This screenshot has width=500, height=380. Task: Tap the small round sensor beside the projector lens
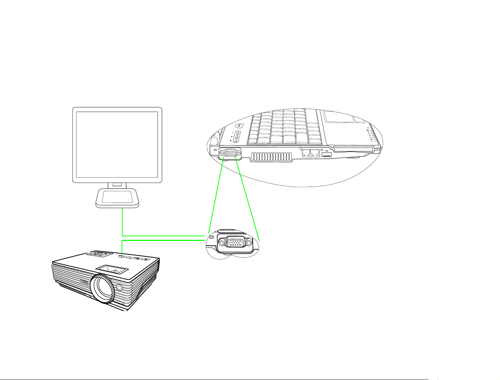(119, 287)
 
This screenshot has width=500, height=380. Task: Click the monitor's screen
(117, 145)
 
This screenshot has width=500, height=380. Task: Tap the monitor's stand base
(117, 198)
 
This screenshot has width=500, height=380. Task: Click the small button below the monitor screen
(117, 184)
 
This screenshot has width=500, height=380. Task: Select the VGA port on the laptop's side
(230, 154)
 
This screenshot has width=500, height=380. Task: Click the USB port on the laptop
(327, 155)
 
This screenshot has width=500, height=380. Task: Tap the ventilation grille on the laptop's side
(271, 157)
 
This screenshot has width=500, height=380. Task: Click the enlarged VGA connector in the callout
(235, 243)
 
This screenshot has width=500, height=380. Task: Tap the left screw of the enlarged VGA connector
(222, 243)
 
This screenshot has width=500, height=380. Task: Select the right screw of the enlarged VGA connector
(249, 243)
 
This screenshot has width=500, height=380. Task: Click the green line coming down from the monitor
(122, 222)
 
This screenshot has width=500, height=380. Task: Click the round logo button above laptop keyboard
(238, 125)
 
